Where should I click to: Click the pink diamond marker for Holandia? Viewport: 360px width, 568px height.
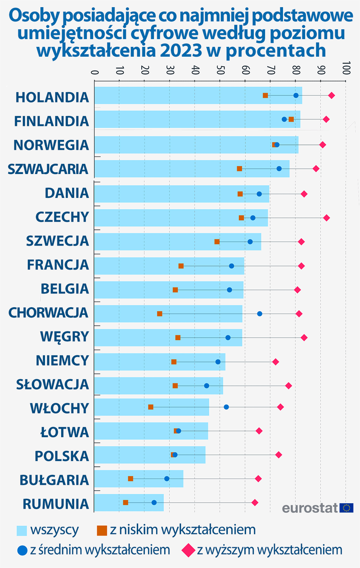[331, 95]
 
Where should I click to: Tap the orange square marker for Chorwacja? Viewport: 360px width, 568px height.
[160, 313]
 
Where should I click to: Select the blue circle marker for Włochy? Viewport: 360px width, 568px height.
[226, 407]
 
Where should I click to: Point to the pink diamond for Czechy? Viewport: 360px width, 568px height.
[326, 218]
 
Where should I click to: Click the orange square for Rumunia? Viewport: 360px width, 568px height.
[126, 502]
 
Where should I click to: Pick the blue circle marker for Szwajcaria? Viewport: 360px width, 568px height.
[279, 169]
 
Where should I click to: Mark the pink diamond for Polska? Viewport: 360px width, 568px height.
[279, 455]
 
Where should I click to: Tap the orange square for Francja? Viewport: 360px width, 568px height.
[181, 266]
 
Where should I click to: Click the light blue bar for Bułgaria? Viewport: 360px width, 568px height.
[139, 479]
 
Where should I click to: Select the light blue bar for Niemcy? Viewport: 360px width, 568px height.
[160, 362]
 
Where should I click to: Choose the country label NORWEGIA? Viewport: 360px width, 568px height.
[51, 145]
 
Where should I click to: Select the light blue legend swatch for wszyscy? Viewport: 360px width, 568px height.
[22, 530]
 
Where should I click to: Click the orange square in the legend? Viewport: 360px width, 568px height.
[102, 530]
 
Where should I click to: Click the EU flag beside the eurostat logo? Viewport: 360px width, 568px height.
[347, 508]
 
